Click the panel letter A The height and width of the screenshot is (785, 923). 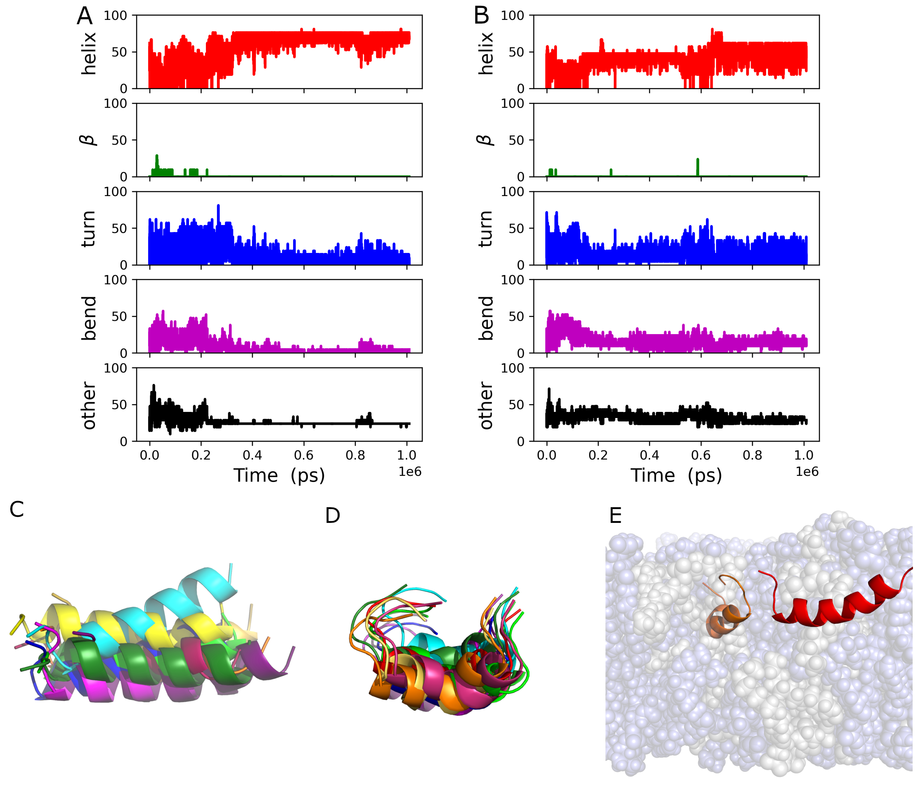coord(84,16)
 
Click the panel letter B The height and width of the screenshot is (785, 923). coord(481,16)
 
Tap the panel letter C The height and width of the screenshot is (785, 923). coord(16,509)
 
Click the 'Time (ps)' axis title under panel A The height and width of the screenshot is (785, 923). coord(279,475)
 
